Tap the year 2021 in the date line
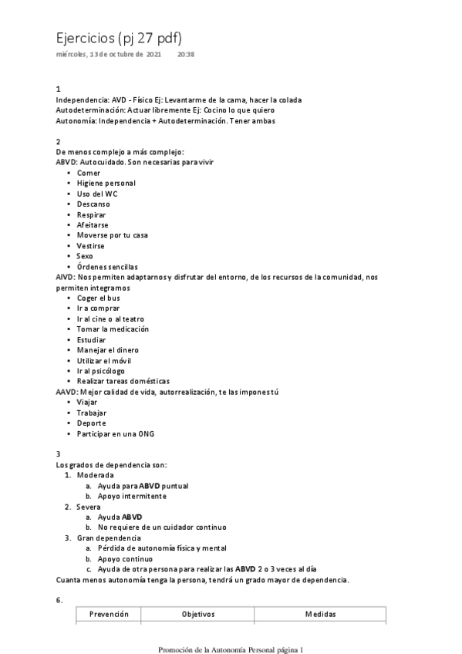coord(153,55)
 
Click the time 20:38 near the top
coord(186,55)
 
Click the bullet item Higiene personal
coord(106,183)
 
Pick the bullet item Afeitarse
coord(94,224)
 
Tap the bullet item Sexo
coord(85,255)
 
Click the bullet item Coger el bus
coord(99,298)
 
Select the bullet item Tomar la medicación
coord(113,329)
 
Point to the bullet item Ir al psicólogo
coord(101,370)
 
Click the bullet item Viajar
coord(88,402)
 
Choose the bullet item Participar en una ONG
coord(116,433)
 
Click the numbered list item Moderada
coord(95,475)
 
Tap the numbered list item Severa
coord(89,507)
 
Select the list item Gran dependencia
coord(109,538)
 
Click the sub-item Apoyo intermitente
coord(132,496)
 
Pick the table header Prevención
coord(109,614)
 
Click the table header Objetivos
coord(198,614)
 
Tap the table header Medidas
coord(320,614)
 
